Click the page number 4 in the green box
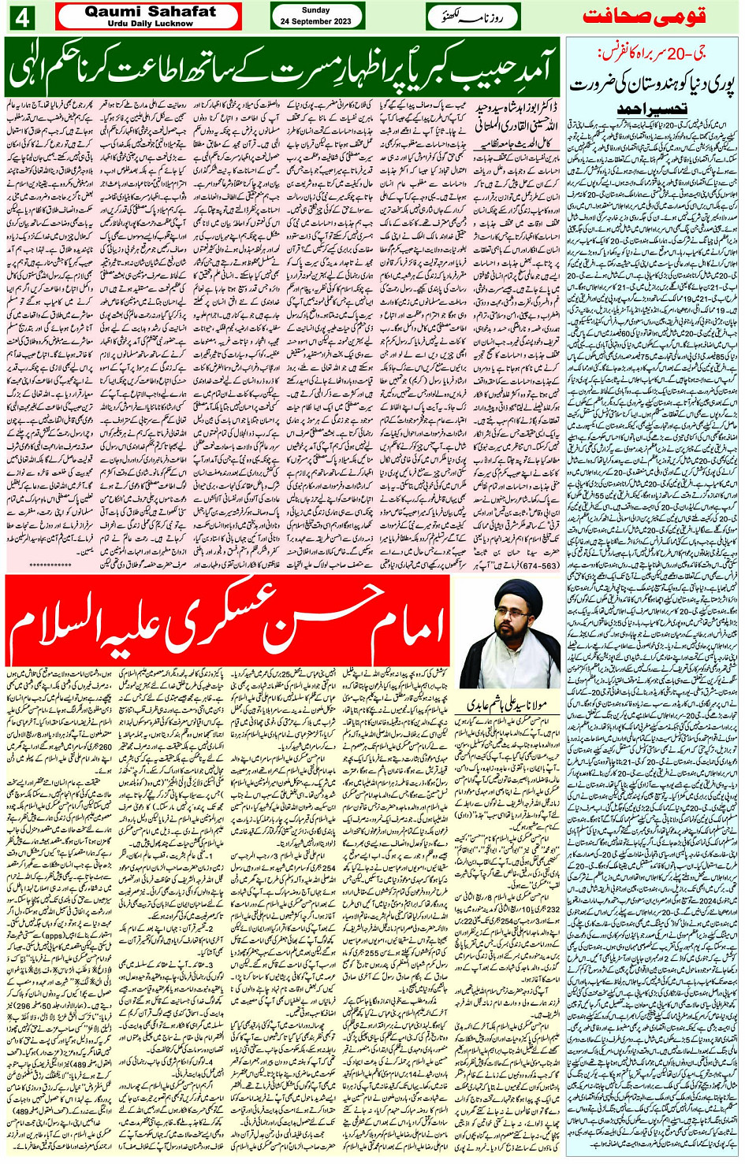(20, 17)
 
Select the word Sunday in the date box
(316, 10)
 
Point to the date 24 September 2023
(316, 21)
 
